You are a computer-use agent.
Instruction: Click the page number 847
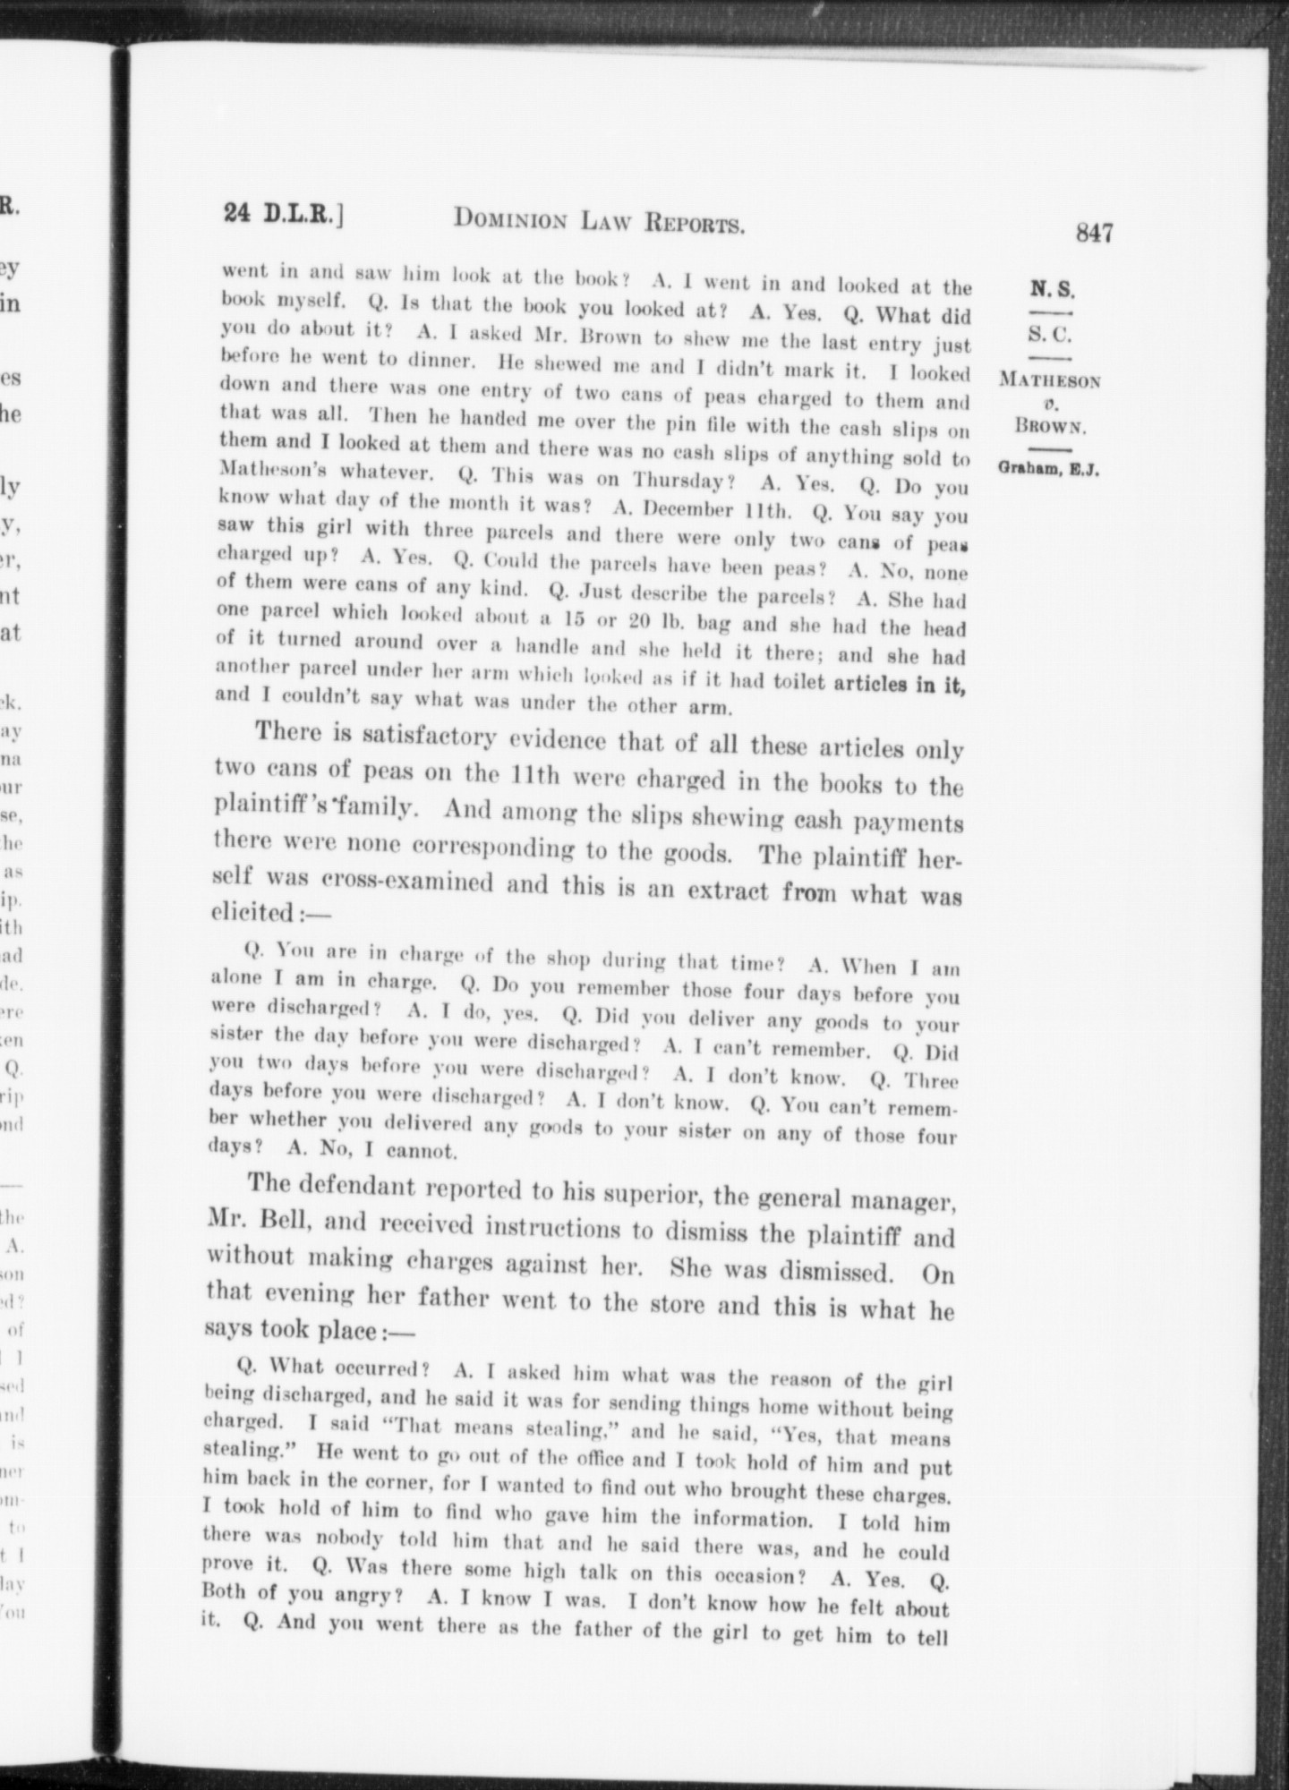coord(1095,234)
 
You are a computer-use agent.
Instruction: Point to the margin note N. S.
coord(1052,289)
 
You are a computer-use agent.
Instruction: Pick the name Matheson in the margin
coord(1050,380)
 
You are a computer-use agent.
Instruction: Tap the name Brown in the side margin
coord(1050,426)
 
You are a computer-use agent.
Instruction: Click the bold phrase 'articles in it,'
coord(899,685)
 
